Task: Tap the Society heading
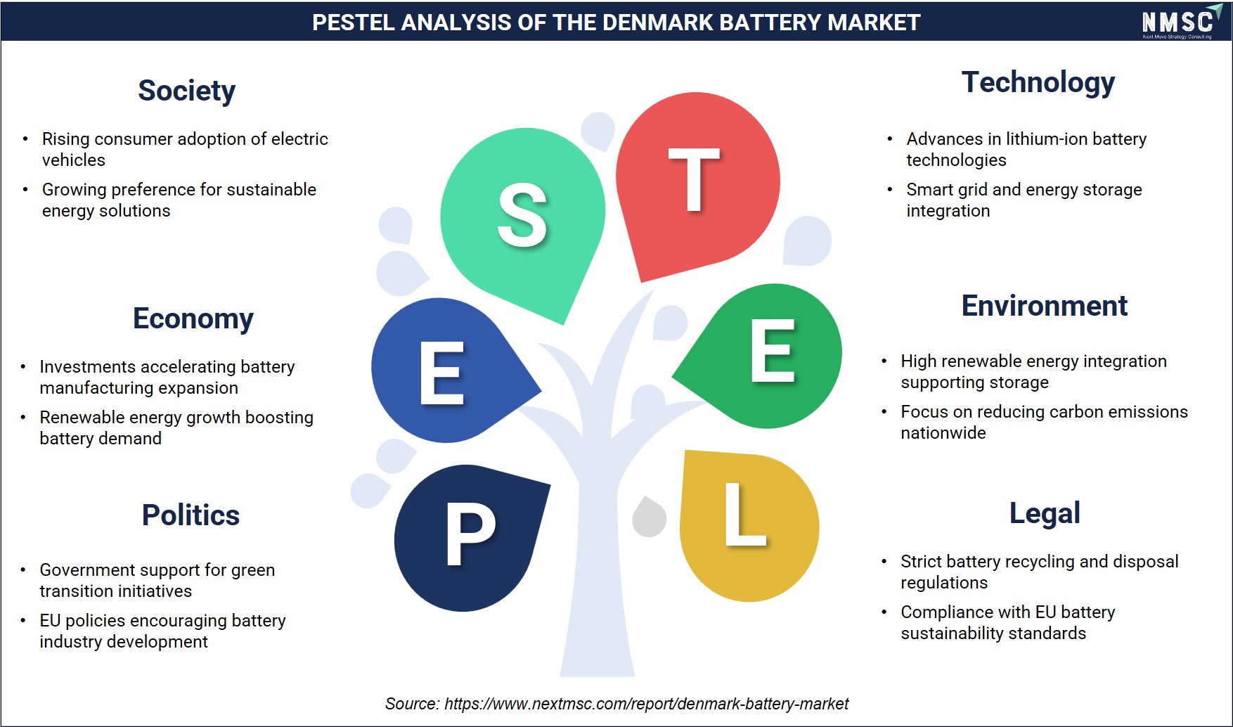(x=186, y=91)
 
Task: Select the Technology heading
(x=1038, y=83)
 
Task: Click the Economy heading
(x=193, y=319)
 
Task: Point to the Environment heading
(x=1045, y=306)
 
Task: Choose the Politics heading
(x=191, y=515)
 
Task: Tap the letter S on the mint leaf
(x=522, y=215)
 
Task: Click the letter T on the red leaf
(x=694, y=180)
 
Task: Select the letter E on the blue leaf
(x=442, y=373)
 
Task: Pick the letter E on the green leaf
(x=773, y=351)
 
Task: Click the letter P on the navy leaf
(x=470, y=534)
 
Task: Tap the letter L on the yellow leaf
(x=745, y=515)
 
